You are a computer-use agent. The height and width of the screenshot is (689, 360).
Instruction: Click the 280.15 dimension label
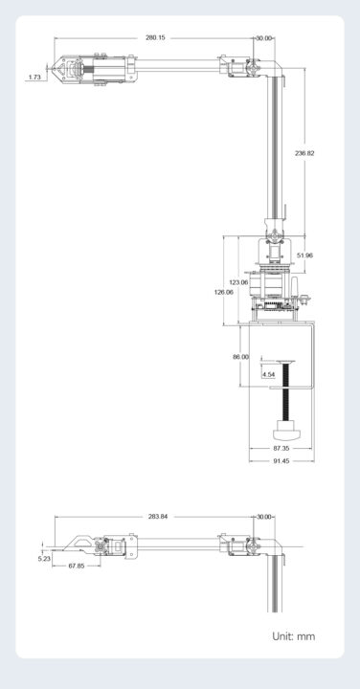155,37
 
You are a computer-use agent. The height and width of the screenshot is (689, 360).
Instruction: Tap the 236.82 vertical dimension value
304,153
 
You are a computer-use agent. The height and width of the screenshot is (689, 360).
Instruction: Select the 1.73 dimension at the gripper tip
34,77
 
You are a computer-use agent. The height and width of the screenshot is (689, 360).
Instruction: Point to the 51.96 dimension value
305,256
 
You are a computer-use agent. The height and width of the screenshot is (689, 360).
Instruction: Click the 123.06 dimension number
237,282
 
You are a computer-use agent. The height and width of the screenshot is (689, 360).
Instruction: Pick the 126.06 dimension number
223,292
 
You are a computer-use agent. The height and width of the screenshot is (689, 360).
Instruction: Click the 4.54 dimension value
268,374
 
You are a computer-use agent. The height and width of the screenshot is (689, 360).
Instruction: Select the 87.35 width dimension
281,448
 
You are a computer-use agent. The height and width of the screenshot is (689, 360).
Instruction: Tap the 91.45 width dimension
281,461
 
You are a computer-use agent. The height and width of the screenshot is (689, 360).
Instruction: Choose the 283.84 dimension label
157,516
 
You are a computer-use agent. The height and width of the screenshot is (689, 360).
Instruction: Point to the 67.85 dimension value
76,566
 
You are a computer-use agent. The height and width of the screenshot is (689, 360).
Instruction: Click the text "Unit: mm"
293,635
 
